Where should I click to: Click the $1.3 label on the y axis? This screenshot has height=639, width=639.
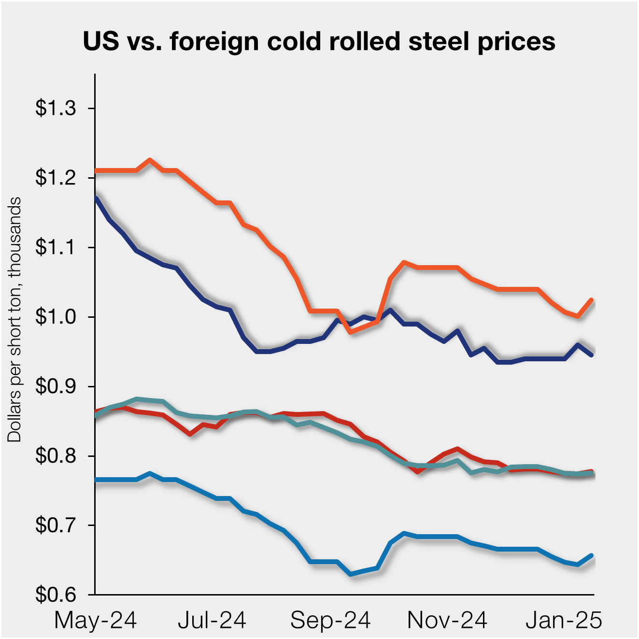coord(56,109)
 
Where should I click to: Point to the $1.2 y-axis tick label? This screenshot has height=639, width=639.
coord(56,178)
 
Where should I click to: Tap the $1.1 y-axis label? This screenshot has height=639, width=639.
coord(56,248)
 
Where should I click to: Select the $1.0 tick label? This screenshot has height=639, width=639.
coord(56,317)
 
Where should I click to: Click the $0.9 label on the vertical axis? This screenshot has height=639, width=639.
coord(56,387)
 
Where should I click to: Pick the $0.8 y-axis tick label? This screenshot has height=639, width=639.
coord(56,456)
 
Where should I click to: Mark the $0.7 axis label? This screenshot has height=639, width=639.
coord(56,525)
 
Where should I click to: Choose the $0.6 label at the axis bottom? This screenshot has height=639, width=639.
coord(56,595)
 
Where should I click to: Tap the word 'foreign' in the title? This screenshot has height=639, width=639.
coord(215,42)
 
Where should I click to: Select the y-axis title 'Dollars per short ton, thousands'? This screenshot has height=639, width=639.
coord(14,319)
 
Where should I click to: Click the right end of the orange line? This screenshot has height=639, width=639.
coord(592,300)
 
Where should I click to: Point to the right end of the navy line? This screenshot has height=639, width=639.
coord(592,355)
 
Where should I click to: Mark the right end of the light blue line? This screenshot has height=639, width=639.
coord(592,555)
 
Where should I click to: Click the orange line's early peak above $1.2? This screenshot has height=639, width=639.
coord(150,160)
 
